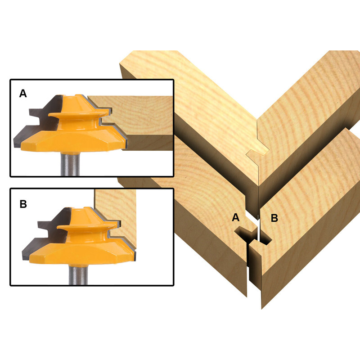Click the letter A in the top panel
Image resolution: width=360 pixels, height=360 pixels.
click(23, 94)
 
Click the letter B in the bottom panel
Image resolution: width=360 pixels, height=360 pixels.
click(23, 204)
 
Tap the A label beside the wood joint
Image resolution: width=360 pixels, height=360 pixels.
click(235, 218)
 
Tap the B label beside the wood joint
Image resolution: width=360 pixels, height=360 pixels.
click(274, 218)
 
